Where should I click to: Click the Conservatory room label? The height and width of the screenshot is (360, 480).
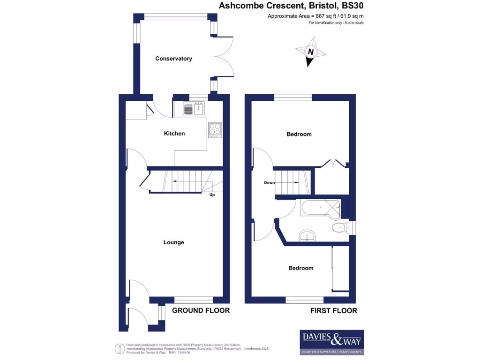coord(173,59)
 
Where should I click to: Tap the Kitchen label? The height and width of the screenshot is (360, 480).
coord(174,134)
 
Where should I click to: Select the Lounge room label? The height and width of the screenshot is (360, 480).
coord(173,242)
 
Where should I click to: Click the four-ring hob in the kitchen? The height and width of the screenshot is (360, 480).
coord(215,129)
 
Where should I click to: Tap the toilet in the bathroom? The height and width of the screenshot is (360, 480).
coord(338,228)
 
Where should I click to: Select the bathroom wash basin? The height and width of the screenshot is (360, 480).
coord(307,235)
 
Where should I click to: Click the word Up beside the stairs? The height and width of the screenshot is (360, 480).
coord(212,195)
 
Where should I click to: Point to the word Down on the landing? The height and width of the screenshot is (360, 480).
coord(269,183)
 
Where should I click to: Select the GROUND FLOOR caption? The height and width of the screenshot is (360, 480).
coord(201,310)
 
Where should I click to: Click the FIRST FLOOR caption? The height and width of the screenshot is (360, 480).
coord(334,310)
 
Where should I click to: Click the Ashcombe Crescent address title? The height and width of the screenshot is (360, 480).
coord(292,6)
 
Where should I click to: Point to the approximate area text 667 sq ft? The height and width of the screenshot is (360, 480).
coord(315,16)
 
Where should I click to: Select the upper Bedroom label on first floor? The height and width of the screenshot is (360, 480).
coord(299,134)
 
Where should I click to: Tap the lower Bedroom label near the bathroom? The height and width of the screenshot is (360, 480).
coord(300,268)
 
